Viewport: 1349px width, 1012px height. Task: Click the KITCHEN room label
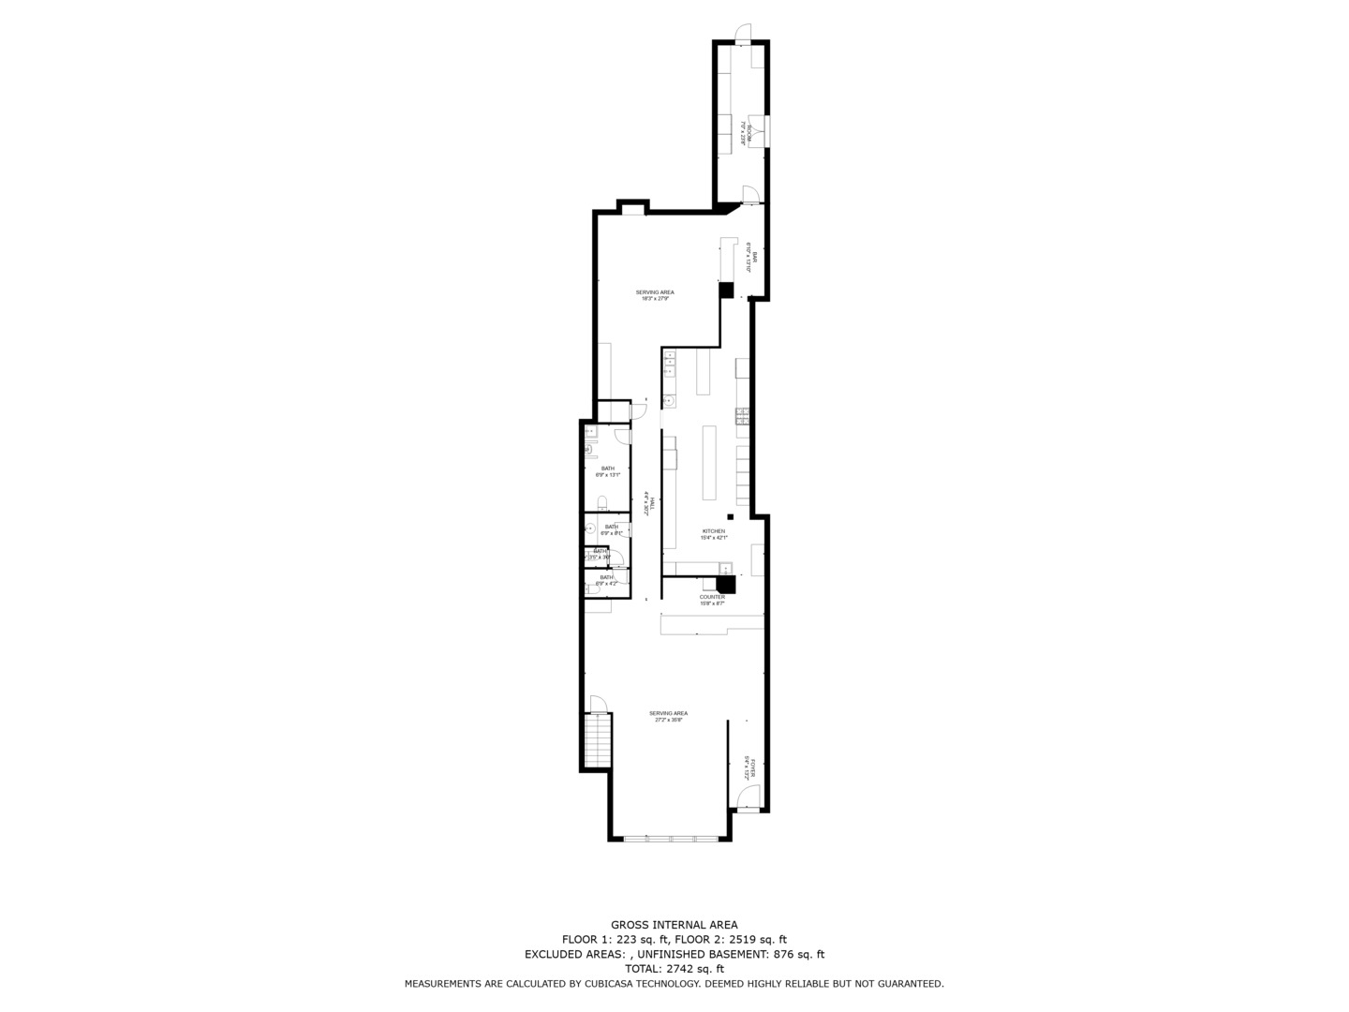714,531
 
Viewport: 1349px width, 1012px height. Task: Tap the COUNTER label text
712,597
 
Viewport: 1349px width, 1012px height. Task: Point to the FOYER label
748,768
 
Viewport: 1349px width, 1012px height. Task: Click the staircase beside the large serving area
598,740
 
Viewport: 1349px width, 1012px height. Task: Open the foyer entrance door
747,799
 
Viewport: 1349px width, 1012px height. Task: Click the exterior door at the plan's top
741,36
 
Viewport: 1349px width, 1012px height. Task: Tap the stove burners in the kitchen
741,416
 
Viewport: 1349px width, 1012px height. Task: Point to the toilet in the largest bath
603,500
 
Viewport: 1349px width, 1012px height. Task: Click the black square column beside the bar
726,290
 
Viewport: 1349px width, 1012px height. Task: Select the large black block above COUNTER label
726,584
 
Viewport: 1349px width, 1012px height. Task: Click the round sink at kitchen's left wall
670,402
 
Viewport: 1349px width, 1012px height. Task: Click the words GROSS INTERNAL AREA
674,925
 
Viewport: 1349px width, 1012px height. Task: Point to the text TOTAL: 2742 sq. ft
674,969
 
